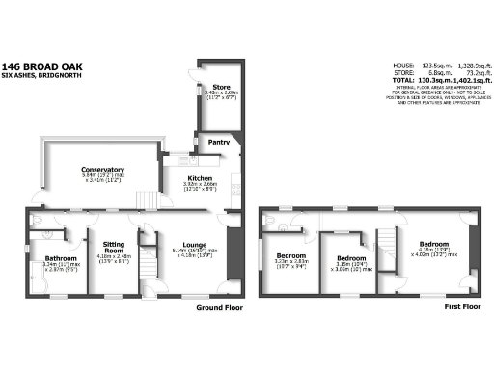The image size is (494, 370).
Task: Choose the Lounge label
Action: pos(190,248)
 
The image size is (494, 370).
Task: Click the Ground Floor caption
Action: pos(217,309)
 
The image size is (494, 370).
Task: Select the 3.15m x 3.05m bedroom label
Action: pos(350,260)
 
